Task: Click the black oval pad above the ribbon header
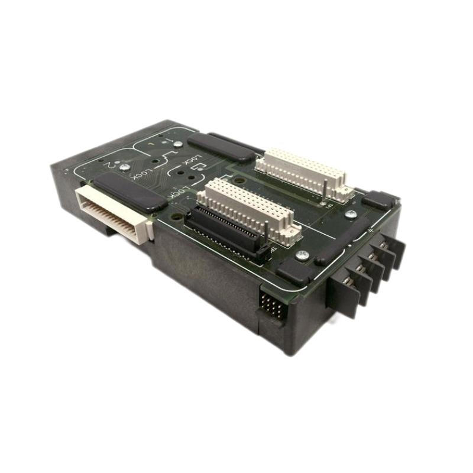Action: [x=131, y=193]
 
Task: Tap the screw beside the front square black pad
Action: [x=304, y=255]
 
